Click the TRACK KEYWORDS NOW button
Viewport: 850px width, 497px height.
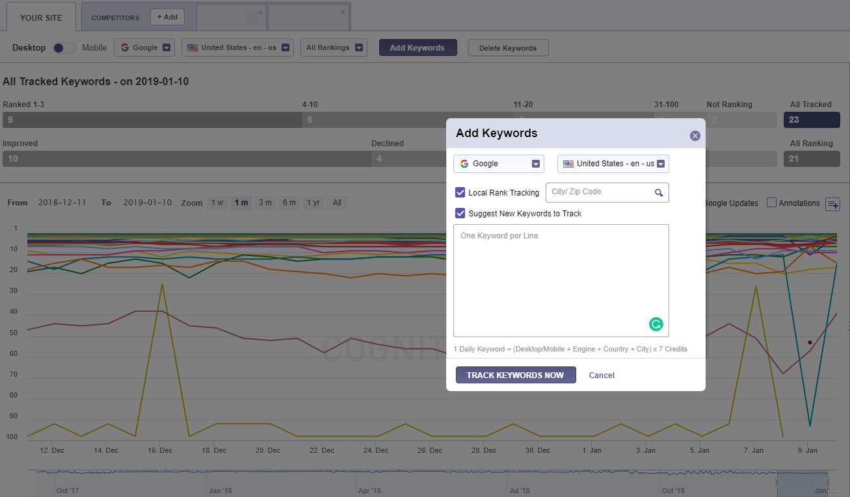[515, 375]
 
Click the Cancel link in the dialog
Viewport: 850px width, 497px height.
[601, 375]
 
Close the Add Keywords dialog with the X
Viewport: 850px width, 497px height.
[695, 136]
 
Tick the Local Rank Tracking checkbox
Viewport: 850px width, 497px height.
[460, 192]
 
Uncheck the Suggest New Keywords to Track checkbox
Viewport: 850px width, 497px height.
[460, 213]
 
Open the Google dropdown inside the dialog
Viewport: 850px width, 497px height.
[498, 164]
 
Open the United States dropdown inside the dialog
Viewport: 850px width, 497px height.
[613, 164]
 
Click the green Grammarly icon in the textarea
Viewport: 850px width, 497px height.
[656, 324]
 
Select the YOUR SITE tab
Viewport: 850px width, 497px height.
[41, 18]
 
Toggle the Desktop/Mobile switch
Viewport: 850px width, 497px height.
[64, 47]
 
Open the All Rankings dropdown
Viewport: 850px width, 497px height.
[334, 47]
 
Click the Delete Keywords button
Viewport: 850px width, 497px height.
[508, 47]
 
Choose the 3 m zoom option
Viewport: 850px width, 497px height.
[265, 203]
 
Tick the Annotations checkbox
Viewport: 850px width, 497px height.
[772, 203]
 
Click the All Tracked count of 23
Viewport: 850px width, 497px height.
[812, 120]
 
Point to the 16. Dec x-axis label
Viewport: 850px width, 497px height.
[160, 450]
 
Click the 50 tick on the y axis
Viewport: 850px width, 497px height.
[13, 333]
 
